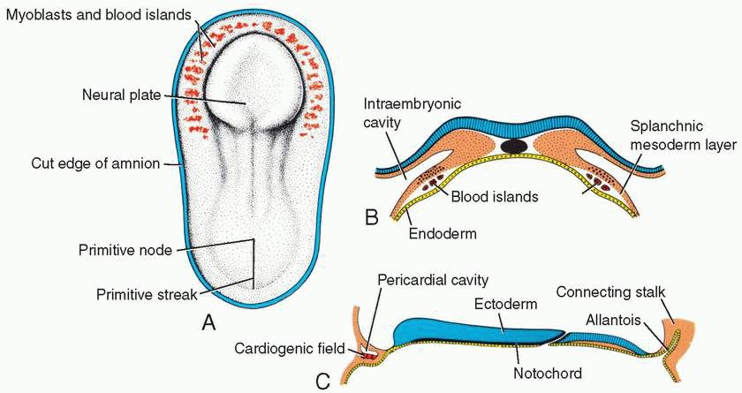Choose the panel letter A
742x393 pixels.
208,322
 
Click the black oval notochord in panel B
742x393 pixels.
513,145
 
